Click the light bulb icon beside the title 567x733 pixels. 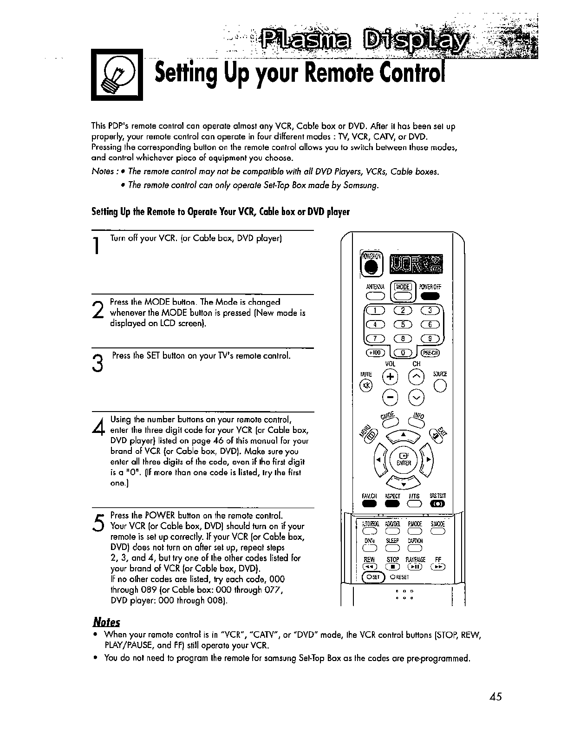(117, 75)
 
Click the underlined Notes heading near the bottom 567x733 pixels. (106, 622)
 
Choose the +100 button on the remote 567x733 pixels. (373, 353)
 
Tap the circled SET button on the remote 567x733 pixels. (373, 577)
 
